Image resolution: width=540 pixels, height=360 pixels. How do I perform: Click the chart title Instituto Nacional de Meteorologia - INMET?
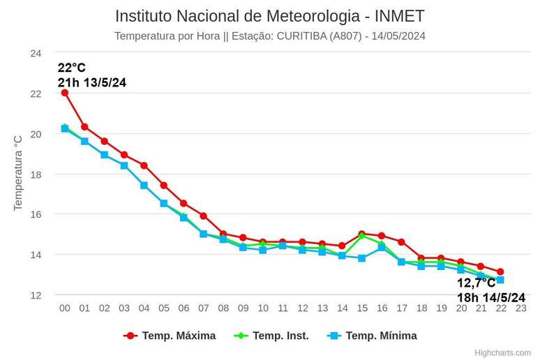269,16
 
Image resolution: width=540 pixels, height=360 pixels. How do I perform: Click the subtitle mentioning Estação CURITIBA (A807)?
269,36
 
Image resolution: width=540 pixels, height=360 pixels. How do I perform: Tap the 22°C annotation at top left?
72,68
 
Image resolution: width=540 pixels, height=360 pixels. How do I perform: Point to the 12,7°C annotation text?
477,283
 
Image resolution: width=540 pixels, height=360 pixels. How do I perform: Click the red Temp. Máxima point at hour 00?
65,93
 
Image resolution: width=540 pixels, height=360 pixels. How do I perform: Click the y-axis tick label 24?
36,53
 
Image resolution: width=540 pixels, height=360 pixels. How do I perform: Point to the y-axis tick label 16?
36,214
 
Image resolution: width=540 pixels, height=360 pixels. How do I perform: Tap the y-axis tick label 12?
36,295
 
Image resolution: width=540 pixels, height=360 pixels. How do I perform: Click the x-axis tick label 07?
203,308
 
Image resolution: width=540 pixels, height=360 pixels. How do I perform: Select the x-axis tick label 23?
520,308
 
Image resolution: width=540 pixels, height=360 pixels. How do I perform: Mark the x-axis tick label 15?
361,308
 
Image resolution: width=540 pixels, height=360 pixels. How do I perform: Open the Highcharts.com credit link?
502,353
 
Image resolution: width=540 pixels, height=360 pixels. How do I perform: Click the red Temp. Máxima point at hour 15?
361,234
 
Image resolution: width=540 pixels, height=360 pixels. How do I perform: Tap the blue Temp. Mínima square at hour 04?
144,186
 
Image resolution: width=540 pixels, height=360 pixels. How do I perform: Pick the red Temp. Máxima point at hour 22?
500,271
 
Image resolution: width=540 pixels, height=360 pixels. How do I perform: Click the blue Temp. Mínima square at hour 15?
361,258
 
